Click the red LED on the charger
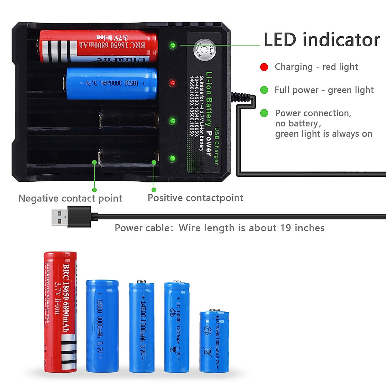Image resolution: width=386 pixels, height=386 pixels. point(173,83)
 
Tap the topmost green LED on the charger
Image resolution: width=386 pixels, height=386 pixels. point(173,45)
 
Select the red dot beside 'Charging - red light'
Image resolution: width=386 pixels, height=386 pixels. point(264,67)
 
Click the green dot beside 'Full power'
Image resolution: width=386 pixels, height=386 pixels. point(264,90)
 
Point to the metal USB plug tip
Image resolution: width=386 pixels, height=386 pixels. point(60,217)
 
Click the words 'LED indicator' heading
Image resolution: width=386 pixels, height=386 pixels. point(322,40)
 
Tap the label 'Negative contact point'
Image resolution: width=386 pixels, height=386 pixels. point(70,198)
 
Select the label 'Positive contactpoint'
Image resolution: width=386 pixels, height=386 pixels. point(195,198)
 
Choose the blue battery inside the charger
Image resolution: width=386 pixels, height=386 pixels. point(111,83)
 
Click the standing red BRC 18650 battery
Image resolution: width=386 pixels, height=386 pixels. point(60,312)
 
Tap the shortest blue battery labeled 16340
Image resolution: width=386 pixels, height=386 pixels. point(214,342)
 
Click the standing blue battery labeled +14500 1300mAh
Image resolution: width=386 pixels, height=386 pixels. point(142,327)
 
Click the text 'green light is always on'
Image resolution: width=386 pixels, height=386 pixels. point(324,134)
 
